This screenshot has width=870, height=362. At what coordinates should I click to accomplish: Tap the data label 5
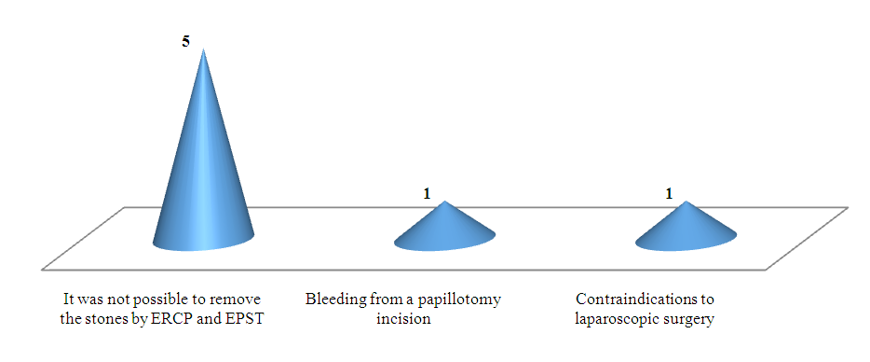pyautogui.click(x=186, y=42)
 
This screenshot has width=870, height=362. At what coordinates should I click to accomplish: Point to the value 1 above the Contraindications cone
pyautogui.click(x=669, y=194)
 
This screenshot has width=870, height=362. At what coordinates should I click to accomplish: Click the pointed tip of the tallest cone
pyautogui.click(x=204, y=49)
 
